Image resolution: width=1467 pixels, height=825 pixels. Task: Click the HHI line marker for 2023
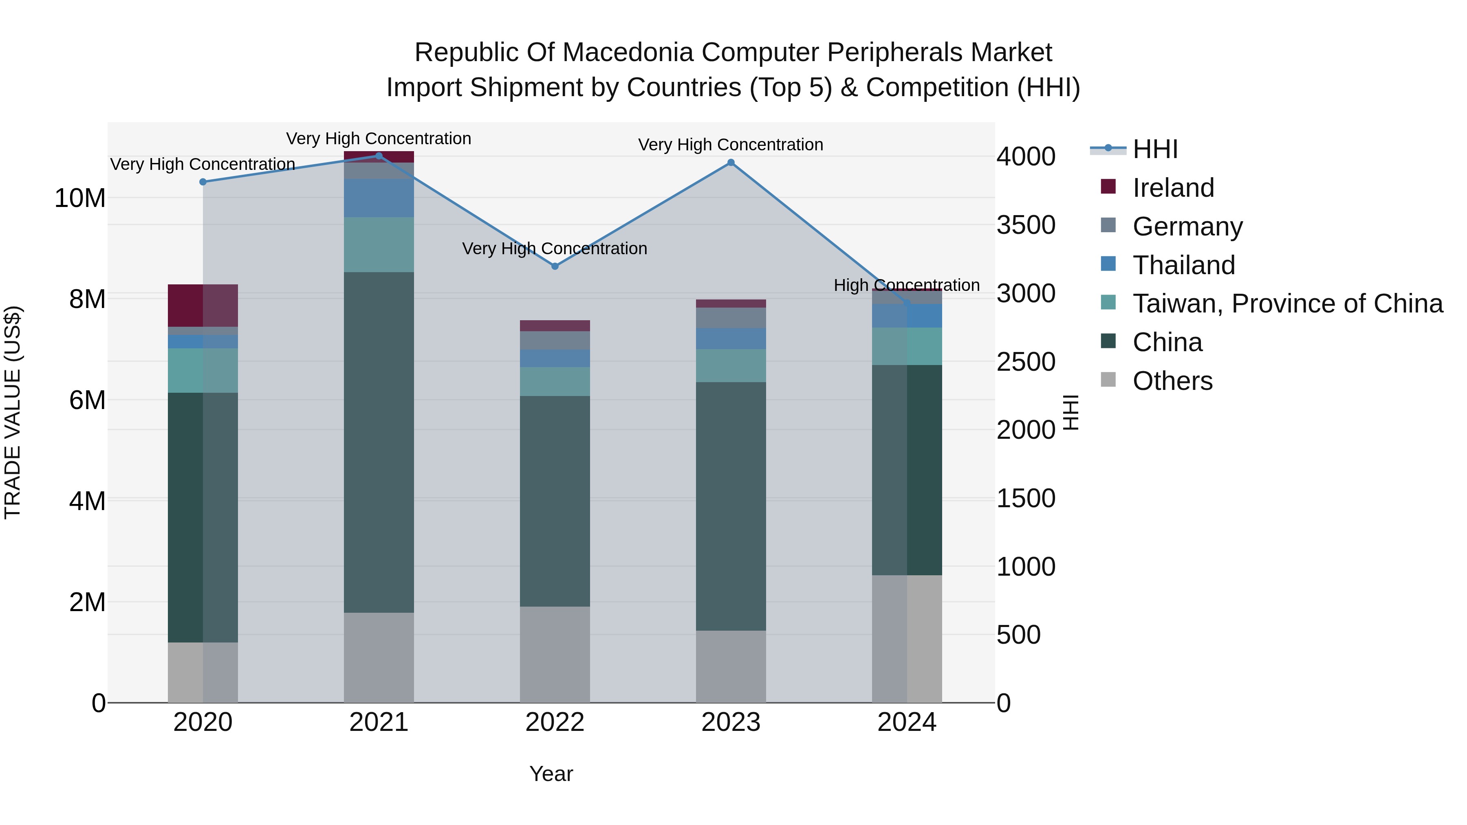731,163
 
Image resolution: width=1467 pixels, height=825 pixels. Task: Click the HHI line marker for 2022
555,266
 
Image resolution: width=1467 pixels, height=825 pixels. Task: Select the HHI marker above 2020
203,182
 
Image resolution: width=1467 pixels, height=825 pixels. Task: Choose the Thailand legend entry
1183,265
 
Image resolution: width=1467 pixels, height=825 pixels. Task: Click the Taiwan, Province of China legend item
1287,304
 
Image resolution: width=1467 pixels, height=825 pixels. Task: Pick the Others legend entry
1172,381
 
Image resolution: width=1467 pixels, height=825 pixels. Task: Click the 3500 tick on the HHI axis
1026,225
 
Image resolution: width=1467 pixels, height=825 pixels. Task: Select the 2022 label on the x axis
555,722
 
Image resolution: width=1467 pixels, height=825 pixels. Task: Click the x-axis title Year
551,774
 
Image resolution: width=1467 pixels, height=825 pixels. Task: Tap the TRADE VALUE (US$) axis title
13,412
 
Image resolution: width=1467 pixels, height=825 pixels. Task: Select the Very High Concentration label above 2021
378,139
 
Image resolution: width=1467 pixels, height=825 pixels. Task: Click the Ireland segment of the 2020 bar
203,305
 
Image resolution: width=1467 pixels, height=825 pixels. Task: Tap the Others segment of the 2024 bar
907,638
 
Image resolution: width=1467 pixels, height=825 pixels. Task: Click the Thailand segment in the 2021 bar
379,198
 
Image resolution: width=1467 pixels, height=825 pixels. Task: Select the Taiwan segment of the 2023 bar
731,365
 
